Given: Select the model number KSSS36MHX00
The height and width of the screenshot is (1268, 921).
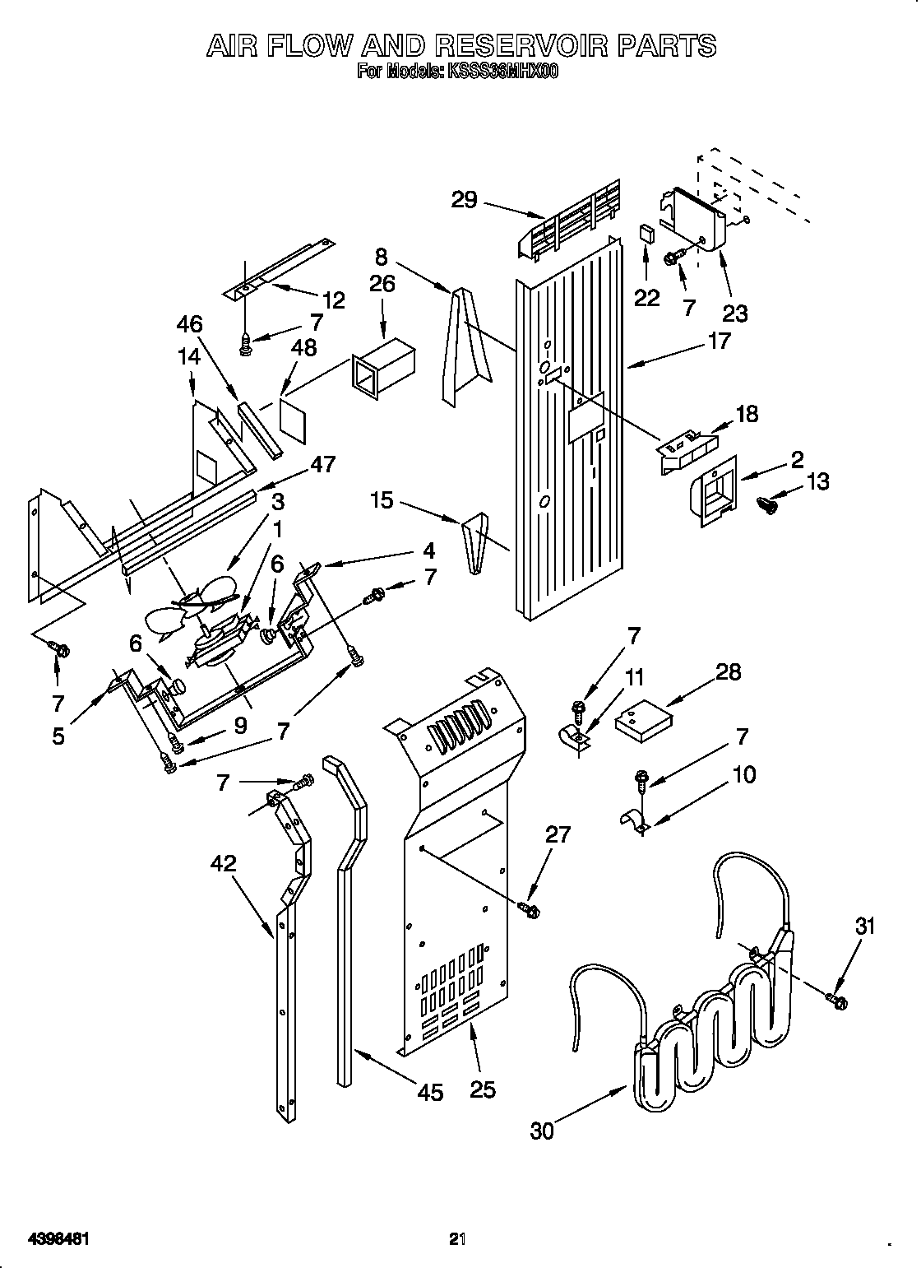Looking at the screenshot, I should pyautogui.click(x=502, y=72).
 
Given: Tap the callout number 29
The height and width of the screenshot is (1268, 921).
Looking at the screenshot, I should pyautogui.click(x=465, y=199).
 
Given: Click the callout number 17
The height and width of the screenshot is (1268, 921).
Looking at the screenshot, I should pyautogui.click(x=718, y=340).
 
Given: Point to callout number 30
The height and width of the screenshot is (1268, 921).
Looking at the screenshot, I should pyautogui.click(x=542, y=1131).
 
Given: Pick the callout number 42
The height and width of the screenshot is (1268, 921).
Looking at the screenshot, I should pyautogui.click(x=223, y=863).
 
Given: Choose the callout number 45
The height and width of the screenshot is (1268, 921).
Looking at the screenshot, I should pyautogui.click(x=430, y=1092).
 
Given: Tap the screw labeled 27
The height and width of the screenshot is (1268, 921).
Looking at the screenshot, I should pyautogui.click(x=530, y=909).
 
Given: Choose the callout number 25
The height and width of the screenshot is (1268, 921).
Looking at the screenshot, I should pyautogui.click(x=483, y=1089).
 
